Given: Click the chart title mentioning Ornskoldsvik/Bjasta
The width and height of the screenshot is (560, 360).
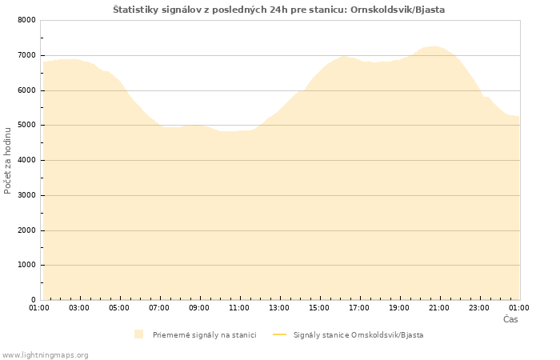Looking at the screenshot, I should [278, 10].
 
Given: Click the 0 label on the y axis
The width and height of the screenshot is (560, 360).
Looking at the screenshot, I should [32, 300].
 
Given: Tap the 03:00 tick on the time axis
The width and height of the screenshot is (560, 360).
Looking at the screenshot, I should [79, 307].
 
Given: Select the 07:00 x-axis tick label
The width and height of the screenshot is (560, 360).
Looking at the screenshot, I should [159, 307].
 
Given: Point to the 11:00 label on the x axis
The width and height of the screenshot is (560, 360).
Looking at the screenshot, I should [239, 307].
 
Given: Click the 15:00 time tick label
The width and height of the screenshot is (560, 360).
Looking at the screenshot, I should [319, 307].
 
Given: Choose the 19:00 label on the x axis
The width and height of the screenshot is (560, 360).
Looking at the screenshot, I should [399, 307].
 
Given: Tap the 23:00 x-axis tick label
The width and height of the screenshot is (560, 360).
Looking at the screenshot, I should [479, 307].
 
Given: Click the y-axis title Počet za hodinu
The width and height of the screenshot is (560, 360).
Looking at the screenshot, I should [9, 160].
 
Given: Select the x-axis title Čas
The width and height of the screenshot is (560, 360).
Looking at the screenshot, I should [510, 319].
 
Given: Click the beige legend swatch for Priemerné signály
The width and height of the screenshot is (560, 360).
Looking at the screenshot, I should [139, 334].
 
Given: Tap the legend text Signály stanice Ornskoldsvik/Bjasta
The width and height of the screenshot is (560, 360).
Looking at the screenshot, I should [358, 334].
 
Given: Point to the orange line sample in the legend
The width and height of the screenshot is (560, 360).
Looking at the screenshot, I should [279, 334].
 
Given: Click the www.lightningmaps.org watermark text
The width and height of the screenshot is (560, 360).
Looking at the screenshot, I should [46, 354].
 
